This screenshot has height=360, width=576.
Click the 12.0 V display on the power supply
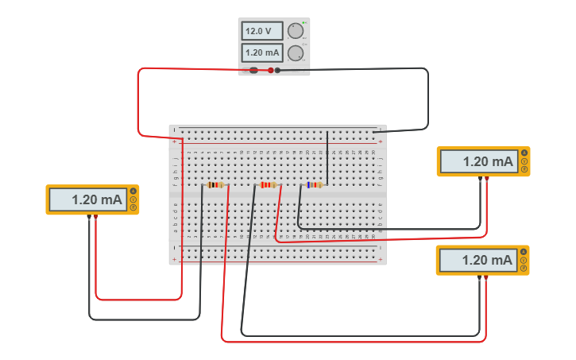[262, 31]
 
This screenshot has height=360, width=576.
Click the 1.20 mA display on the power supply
[262, 53]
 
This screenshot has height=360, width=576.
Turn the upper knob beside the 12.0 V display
[296, 31]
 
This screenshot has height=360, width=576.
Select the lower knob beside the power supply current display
[296, 53]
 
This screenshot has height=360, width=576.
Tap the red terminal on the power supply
[270, 71]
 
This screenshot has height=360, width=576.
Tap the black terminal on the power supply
[277, 71]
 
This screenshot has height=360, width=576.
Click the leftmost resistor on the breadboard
[215, 185]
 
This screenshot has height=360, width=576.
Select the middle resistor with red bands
[267, 185]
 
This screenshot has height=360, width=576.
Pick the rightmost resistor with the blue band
[315, 185]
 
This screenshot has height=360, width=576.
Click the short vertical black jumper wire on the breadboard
[327, 157]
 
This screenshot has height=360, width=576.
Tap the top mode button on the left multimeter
[133, 191]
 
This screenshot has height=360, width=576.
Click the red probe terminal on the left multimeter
[95, 216]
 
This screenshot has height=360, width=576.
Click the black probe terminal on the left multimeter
[89, 216]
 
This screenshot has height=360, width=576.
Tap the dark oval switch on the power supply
[253, 71]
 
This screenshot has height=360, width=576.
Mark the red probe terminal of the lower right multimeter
[485, 277]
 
